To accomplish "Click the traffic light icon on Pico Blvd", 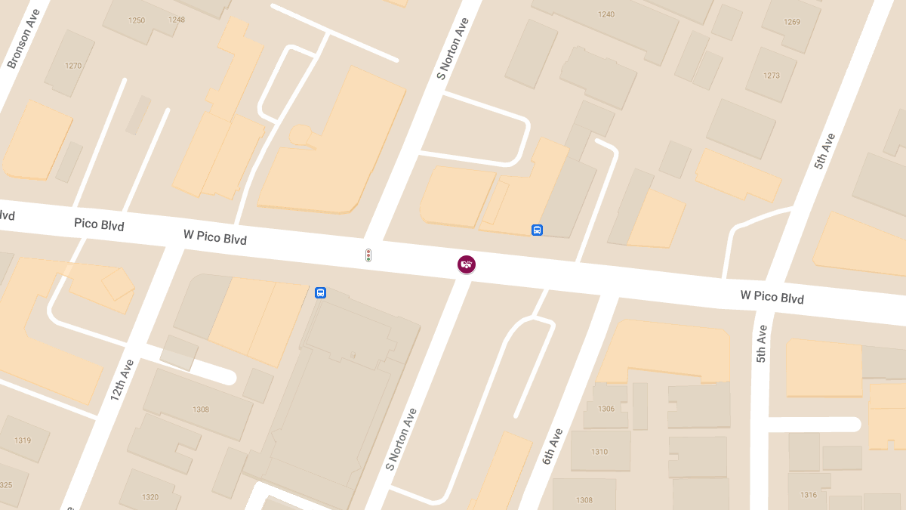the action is pyautogui.click(x=368, y=256).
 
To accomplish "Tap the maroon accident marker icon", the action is pyautogui.click(x=467, y=264).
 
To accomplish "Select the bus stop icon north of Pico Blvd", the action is pyautogui.click(x=537, y=230).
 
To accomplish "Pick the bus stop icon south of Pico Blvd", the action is pyautogui.click(x=321, y=292).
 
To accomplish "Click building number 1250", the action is pyautogui.click(x=137, y=20).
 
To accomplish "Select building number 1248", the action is pyautogui.click(x=177, y=20).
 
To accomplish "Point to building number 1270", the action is pyautogui.click(x=73, y=66).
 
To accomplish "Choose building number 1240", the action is pyautogui.click(x=606, y=14).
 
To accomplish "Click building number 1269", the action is pyautogui.click(x=792, y=22).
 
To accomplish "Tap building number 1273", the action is pyautogui.click(x=772, y=76).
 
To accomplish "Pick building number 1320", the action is pyautogui.click(x=150, y=497).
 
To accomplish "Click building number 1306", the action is pyautogui.click(x=606, y=409).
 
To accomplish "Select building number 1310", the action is pyautogui.click(x=599, y=452).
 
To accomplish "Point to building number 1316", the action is pyautogui.click(x=809, y=495).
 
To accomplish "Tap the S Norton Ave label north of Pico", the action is pyautogui.click(x=454, y=49).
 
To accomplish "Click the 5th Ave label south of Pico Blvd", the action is pyautogui.click(x=761, y=344).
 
